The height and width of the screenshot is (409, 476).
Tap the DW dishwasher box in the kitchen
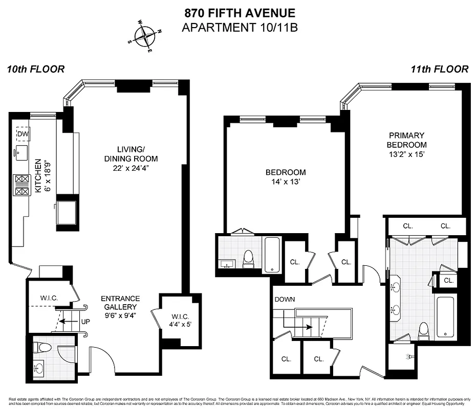pos(23,134)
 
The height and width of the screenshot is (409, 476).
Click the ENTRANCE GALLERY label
pos(120,303)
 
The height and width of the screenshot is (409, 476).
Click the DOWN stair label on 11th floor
pos(285,299)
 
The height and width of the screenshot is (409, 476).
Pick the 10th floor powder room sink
pos(39,367)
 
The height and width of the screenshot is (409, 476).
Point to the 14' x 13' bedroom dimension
pos(286,181)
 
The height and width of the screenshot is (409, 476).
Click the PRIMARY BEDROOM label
pos(407,140)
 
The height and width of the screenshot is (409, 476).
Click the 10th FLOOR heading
pos(36,70)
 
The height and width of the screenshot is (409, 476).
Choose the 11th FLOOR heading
pos(439,70)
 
